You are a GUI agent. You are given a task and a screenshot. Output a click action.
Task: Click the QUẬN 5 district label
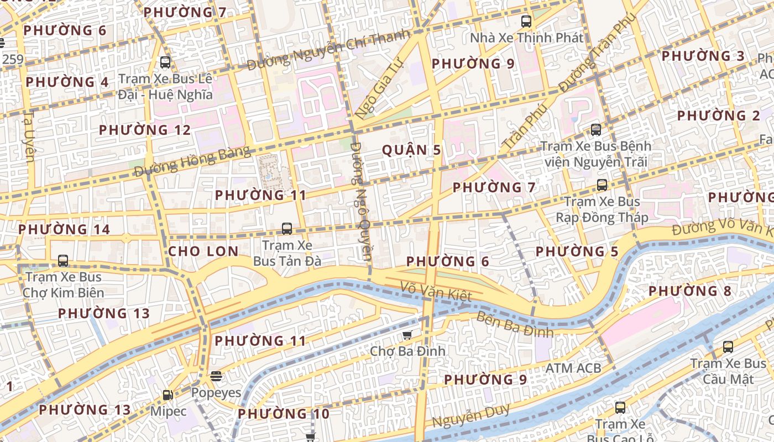[412, 150]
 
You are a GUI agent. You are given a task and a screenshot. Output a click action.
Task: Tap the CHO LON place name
[203, 251]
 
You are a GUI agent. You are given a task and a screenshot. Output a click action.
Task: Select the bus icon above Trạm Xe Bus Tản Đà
[286, 228]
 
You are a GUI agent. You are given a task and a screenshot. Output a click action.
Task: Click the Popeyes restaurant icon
[216, 376]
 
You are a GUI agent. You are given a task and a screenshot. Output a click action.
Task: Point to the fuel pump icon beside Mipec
[168, 395]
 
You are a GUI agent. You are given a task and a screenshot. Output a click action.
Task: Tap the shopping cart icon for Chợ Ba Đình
[407, 334]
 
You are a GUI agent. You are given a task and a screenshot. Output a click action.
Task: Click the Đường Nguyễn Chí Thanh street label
[328, 51]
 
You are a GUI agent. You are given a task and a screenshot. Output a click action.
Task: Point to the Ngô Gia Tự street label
[377, 91]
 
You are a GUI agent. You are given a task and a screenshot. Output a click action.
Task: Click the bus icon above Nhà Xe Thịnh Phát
[526, 22]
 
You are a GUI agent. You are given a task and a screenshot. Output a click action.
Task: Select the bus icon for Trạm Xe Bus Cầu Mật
[728, 347]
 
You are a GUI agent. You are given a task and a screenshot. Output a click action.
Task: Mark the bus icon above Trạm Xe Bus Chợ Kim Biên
[63, 260]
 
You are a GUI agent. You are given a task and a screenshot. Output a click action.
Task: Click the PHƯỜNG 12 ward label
[145, 130]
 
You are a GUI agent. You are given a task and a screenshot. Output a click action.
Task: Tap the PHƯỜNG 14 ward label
[64, 229]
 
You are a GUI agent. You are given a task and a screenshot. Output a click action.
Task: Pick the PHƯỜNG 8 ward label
[689, 291]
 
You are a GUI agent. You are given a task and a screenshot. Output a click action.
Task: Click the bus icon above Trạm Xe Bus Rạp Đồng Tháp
[602, 185]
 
